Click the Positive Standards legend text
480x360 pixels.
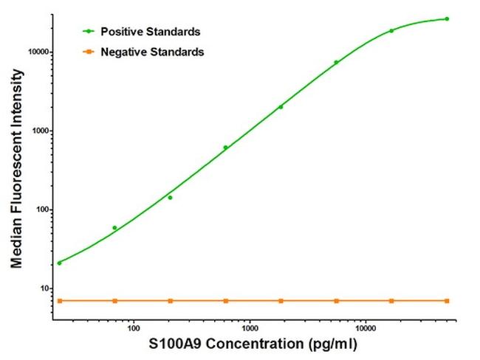tap(150, 32)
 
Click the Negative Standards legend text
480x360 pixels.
tap(152, 52)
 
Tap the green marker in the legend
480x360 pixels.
tap(89, 32)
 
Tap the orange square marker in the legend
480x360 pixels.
tap(89, 52)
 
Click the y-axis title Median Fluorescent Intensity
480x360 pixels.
tap(16, 168)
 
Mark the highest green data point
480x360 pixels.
tap(447, 18)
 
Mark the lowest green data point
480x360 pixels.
tap(59, 263)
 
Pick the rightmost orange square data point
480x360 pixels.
tap(447, 301)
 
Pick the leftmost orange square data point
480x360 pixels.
tap(59, 301)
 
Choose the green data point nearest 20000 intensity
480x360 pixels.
tap(391, 31)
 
